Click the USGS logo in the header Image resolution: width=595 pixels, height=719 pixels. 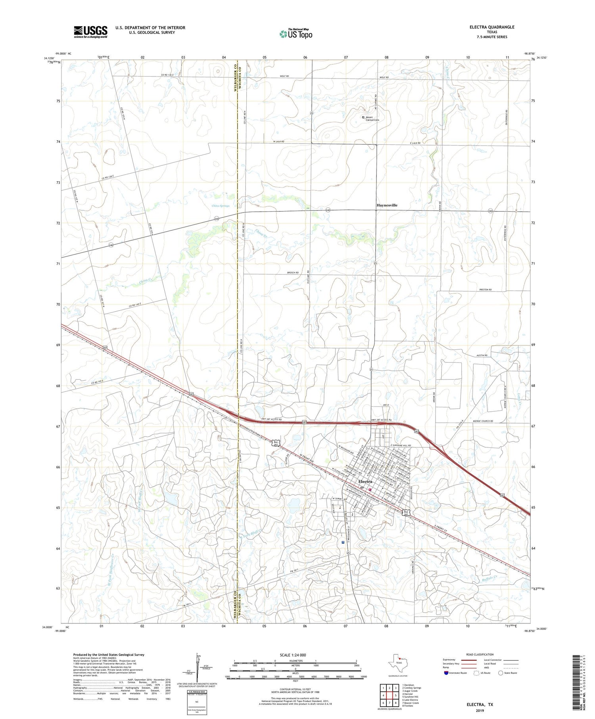click(90, 32)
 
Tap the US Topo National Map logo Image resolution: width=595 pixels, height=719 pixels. click(296, 34)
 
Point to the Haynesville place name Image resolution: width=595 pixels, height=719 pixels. click(386, 205)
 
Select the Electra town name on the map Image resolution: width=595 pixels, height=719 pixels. click(365, 481)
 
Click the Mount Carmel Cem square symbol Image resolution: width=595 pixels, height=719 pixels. click(363, 117)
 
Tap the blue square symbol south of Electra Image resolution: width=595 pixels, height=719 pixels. click(343, 541)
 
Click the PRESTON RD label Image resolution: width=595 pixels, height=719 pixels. click(485, 290)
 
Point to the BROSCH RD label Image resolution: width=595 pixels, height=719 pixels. click(291, 273)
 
